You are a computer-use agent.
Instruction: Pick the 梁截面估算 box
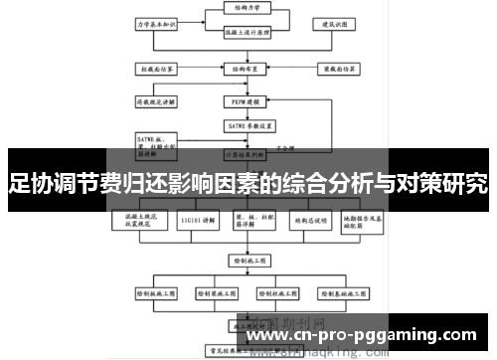point(331,70)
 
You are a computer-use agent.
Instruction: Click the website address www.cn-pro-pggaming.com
point(367,336)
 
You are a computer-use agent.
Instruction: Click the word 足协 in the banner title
point(29,184)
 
